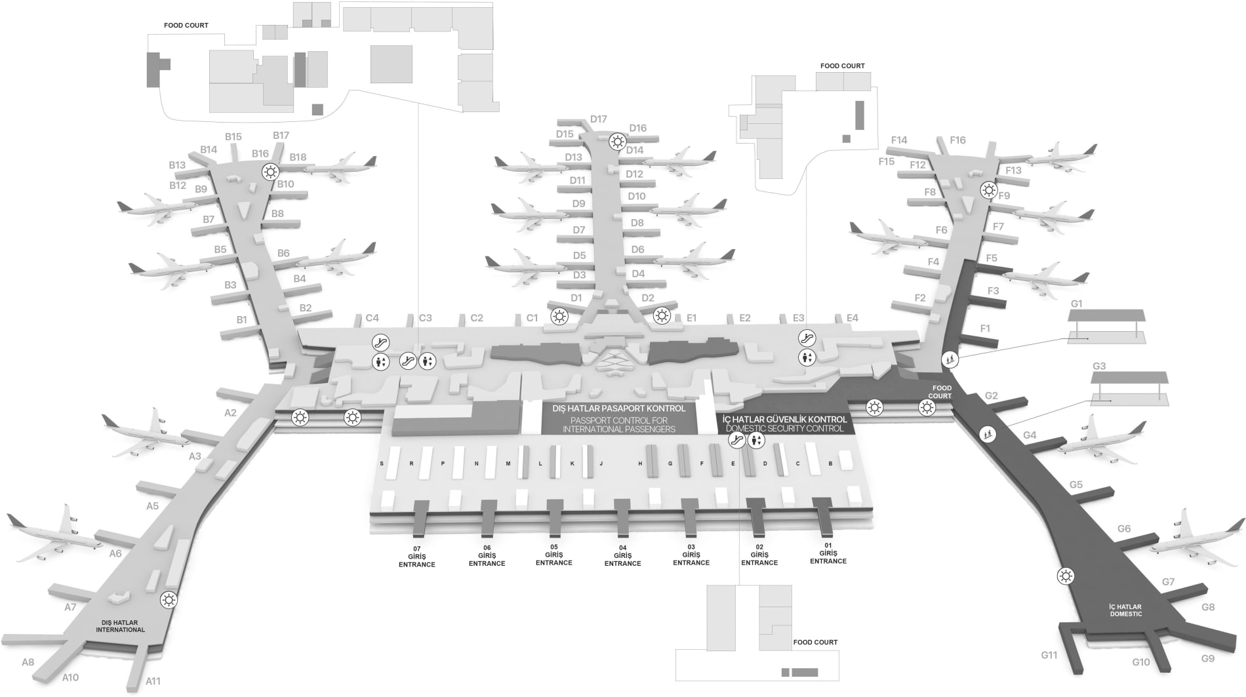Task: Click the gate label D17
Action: tap(598, 119)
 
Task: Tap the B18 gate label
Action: tap(298, 157)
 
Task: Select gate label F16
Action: tap(957, 140)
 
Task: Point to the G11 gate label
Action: tap(1049, 655)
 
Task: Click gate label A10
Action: tap(70, 677)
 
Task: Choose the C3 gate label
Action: tap(425, 318)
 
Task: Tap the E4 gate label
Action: tap(852, 318)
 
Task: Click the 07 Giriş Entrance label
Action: tap(416, 557)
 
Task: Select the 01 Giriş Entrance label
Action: tap(828, 553)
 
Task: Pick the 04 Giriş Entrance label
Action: tap(622, 556)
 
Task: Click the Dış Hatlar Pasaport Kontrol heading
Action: tap(618, 408)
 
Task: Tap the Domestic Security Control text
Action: tap(785, 429)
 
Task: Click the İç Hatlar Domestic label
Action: tap(1125, 610)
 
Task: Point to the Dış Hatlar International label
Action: tap(120, 626)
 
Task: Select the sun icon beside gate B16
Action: tap(270, 172)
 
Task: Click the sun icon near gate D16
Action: tap(617, 141)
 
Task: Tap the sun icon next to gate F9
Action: tap(988, 191)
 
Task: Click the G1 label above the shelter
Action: tap(1076, 304)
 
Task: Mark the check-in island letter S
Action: tap(382, 464)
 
